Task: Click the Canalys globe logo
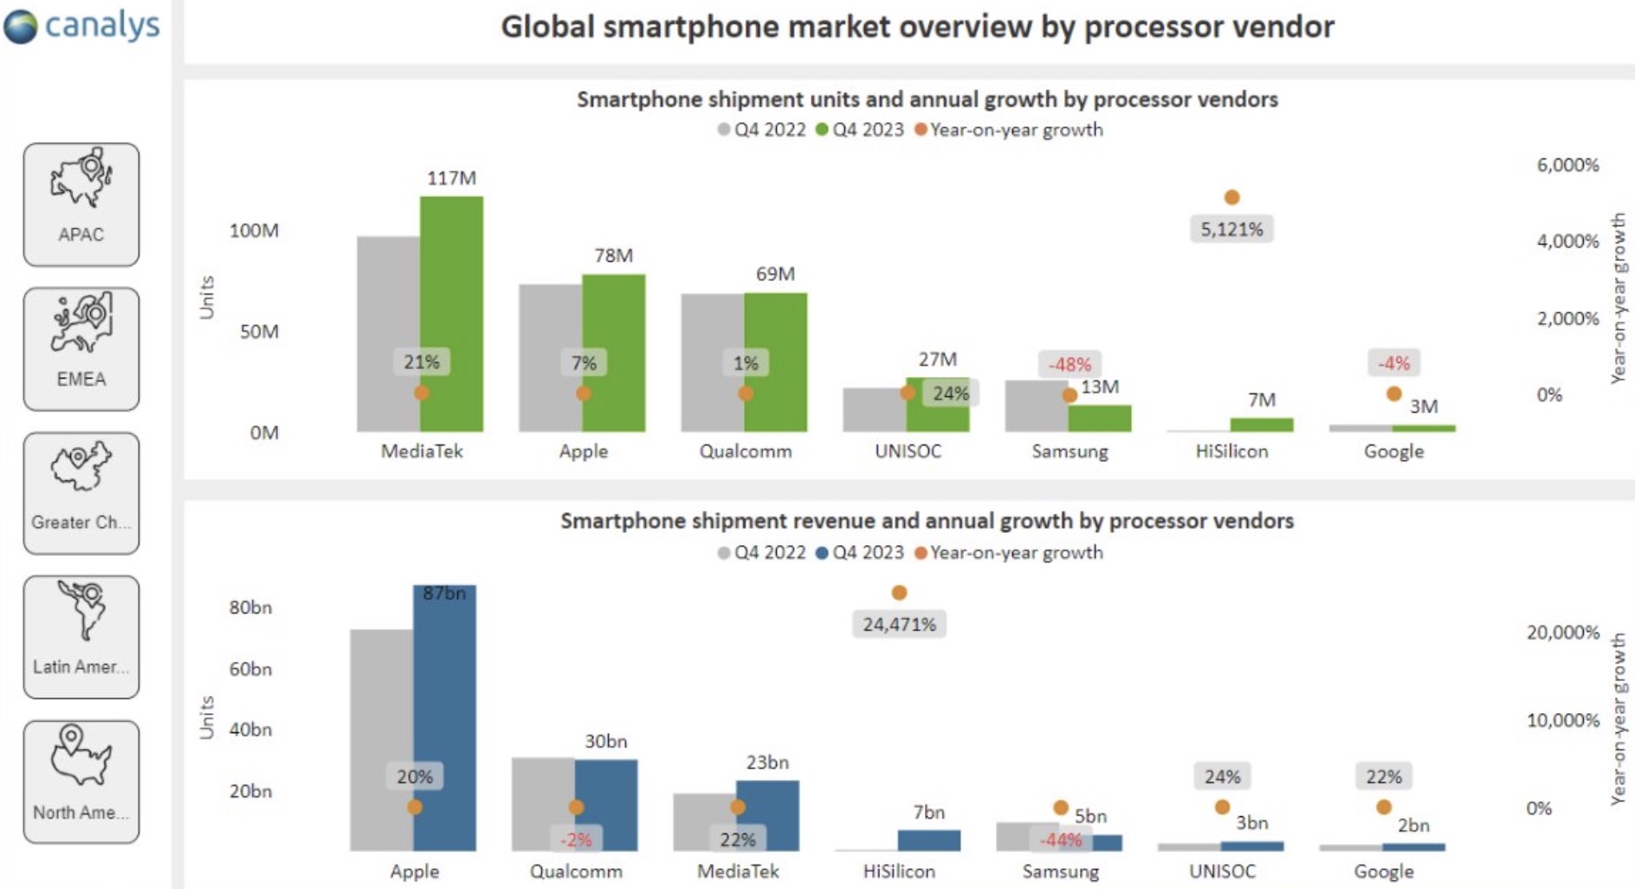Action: [x=21, y=26]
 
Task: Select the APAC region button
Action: [x=81, y=204]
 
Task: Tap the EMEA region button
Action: [x=81, y=348]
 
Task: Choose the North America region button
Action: [x=81, y=782]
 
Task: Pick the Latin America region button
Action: [x=81, y=637]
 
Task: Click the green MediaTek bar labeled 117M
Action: [x=451, y=312]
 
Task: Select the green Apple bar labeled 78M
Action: [x=613, y=352]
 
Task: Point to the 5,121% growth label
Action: [x=1231, y=230]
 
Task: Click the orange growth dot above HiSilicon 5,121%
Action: [x=1231, y=198]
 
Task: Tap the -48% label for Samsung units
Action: [x=1070, y=364]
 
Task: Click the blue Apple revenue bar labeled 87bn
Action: [x=444, y=719]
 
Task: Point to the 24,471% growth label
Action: [x=899, y=624]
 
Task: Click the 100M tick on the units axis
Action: [x=254, y=230]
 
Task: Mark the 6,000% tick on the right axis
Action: [x=1567, y=165]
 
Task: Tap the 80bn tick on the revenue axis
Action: [x=250, y=607]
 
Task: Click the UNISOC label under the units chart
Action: [x=908, y=451]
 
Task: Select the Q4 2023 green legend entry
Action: [x=860, y=130]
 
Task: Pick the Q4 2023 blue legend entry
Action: [x=860, y=553]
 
